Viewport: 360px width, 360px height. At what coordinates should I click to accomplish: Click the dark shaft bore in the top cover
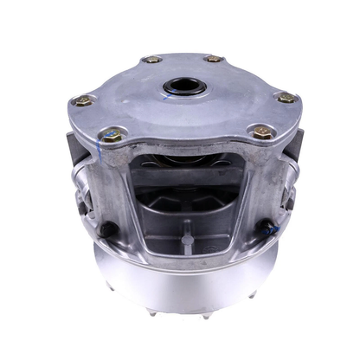181,89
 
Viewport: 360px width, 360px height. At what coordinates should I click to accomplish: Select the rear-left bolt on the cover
153,60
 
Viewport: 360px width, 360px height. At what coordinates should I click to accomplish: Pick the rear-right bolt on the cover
214,59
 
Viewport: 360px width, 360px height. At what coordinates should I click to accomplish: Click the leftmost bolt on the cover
83,100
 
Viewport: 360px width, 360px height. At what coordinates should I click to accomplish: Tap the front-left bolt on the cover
110,134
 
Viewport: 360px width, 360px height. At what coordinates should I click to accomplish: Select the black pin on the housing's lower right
271,230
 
